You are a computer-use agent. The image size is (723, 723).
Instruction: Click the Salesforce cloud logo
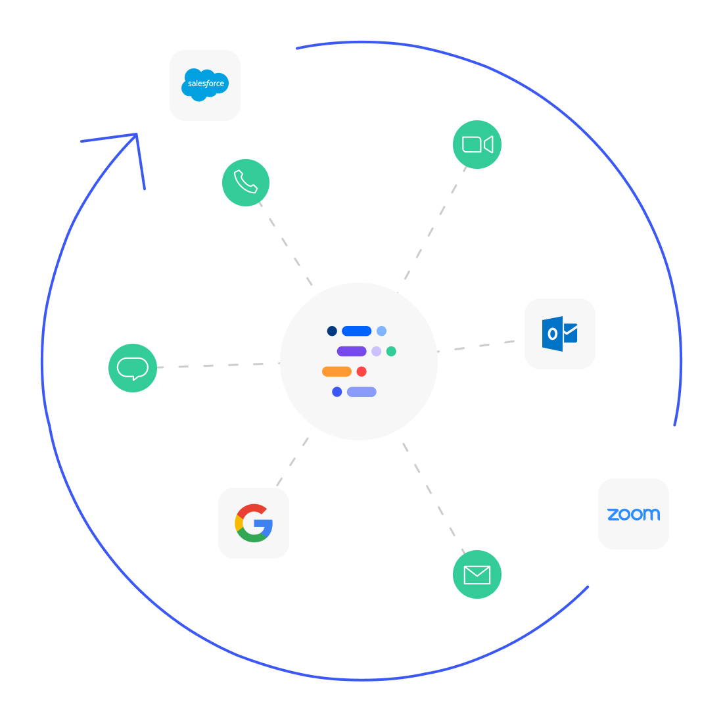pyautogui.click(x=205, y=85)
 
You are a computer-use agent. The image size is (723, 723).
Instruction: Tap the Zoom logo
pyautogui.click(x=634, y=514)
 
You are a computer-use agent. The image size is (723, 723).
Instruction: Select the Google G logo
pyautogui.click(x=254, y=523)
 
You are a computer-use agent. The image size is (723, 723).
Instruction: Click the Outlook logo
pyautogui.click(x=560, y=334)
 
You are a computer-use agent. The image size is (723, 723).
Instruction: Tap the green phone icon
pyautogui.click(x=246, y=183)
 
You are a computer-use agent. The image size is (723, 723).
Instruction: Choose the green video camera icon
pyautogui.click(x=477, y=145)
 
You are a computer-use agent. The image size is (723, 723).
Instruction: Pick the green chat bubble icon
pyautogui.click(x=133, y=368)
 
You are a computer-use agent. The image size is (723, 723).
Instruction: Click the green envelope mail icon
pyautogui.click(x=477, y=574)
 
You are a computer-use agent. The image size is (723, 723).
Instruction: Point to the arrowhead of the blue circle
pyautogui.click(x=137, y=135)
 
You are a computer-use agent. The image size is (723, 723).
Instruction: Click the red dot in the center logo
pyautogui.click(x=361, y=371)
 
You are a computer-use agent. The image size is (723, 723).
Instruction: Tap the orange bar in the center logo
pyautogui.click(x=337, y=371)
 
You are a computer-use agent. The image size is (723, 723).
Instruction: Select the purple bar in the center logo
pyautogui.click(x=352, y=352)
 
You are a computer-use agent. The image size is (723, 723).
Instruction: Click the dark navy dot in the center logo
pyautogui.click(x=332, y=331)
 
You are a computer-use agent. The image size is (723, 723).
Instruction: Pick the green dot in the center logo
pyautogui.click(x=391, y=352)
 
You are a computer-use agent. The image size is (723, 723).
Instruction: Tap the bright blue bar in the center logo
pyautogui.click(x=356, y=331)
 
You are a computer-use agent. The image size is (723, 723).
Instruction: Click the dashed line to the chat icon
pyautogui.click(x=219, y=365)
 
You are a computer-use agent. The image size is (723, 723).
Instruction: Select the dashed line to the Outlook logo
pyautogui.click(x=476, y=346)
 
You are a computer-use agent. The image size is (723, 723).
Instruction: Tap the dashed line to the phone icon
pyautogui.click(x=286, y=244)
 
